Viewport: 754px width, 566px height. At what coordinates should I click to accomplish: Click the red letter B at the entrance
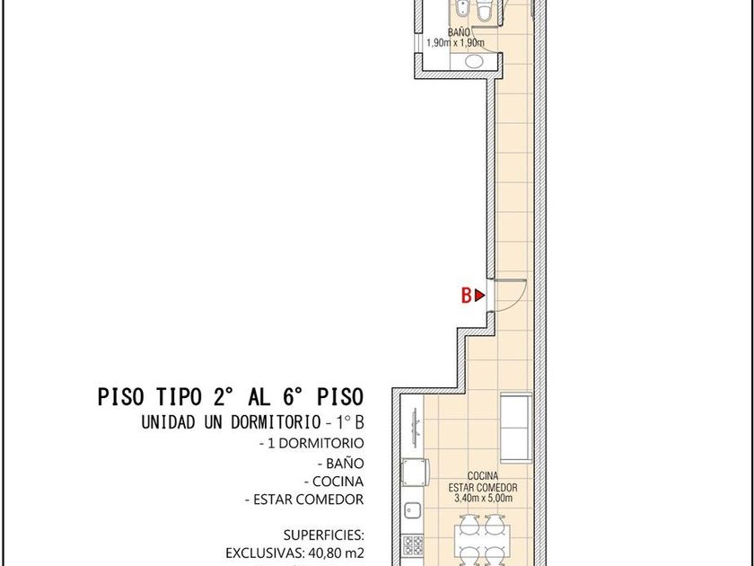tap(466, 296)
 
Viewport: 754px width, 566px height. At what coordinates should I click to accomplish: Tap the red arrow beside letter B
tap(479, 296)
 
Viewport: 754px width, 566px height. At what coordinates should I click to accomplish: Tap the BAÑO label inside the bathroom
tap(459, 32)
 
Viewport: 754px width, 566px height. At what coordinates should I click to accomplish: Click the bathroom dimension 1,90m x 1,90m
tap(456, 43)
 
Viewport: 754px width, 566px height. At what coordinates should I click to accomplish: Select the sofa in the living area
tap(516, 428)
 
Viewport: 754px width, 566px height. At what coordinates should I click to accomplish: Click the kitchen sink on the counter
tap(412, 509)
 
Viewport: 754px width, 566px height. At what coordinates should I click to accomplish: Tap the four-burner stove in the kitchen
tap(413, 545)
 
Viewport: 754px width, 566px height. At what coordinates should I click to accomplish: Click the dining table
tap(482, 543)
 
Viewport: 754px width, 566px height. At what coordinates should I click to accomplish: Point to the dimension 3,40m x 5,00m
tap(483, 498)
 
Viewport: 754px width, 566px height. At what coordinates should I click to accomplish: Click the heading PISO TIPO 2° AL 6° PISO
tap(231, 397)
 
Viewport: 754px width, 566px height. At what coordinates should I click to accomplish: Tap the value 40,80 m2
tap(336, 552)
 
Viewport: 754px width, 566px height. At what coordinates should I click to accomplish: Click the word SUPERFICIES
tap(324, 535)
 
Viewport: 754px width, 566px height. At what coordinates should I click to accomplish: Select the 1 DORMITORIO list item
tap(311, 443)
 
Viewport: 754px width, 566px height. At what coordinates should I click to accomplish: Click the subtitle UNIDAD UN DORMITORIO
tap(231, 422)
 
